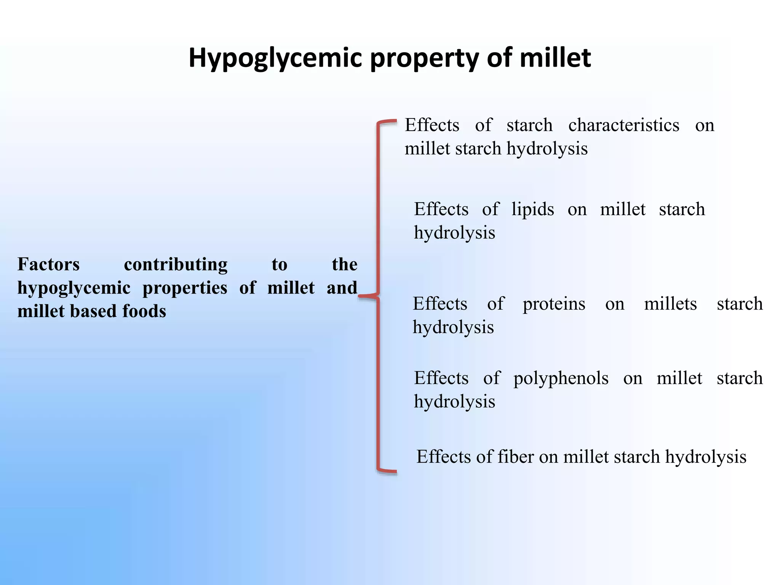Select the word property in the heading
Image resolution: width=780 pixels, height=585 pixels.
pyautogui.click(x=424, y=58)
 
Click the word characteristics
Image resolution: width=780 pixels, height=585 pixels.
pyautogui.click(x=623, y=125)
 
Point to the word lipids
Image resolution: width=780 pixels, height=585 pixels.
pyautogui.click(x=532, y=209)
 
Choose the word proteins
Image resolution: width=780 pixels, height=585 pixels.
pyautogui.click(x=554, y=304)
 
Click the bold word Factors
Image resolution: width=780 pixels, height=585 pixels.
pyautogui.click(x=49, y=264)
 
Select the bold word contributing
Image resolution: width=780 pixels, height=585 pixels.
pyautogui.click(x=176, y=264)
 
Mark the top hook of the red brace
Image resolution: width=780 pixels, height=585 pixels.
pyautogui.click(x=388, y=122)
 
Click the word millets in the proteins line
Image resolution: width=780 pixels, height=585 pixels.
pyautogui.click(x=670, y=304)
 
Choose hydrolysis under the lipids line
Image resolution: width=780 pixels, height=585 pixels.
pyautogui.click(x=454, y=233)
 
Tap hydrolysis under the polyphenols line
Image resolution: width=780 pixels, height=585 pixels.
pyautogui.click(x=454, y=402)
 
